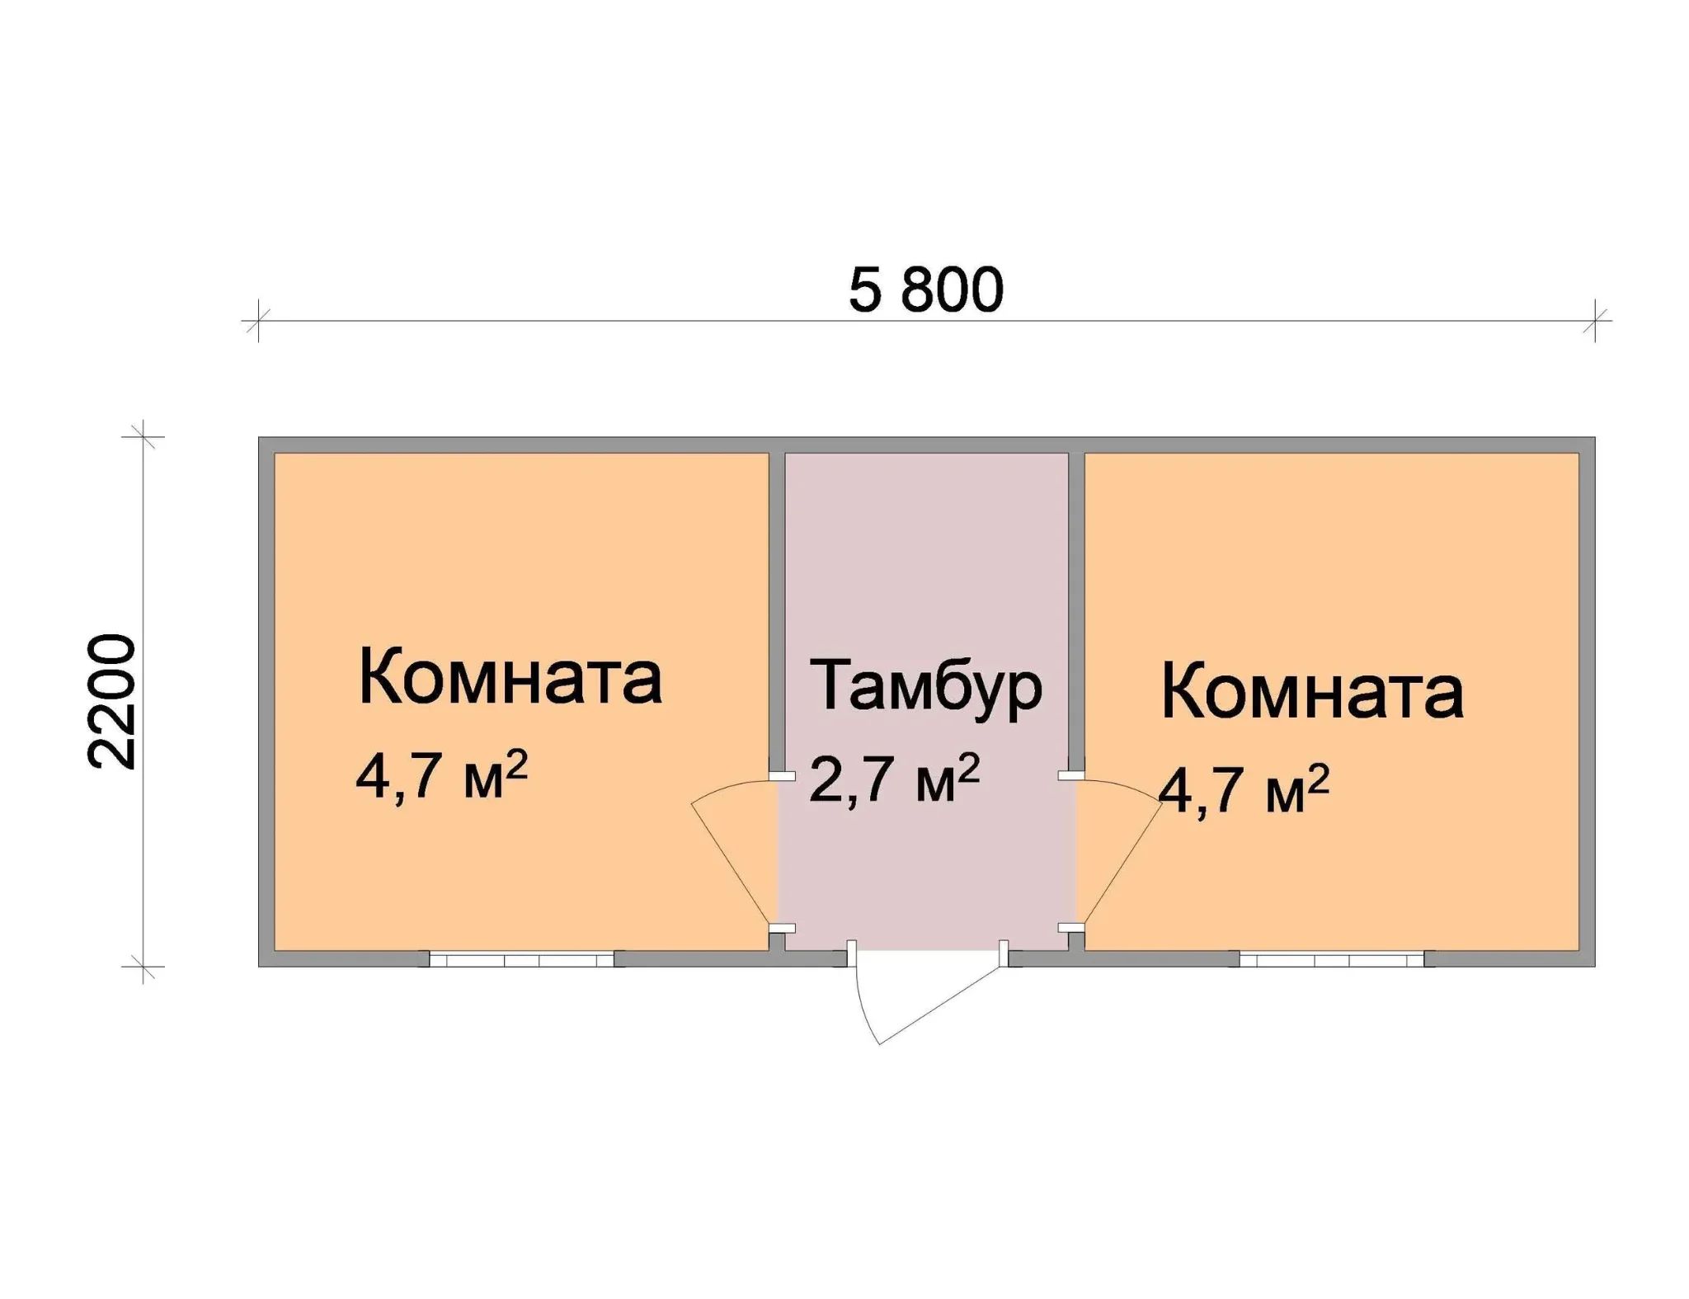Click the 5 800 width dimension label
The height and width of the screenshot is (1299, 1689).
pyautogui.click(x=925, y=291)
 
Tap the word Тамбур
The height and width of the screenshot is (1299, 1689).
pyautogui.click(x=925, y=687)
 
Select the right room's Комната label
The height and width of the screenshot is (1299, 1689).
pyautogui.click(x=1312, y=694)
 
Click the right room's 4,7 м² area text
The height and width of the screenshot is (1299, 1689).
pyautogui.click(x=1244, y=789)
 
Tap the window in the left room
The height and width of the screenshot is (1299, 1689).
pyautogui.click(x=521, y=959)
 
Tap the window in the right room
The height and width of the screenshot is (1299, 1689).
pyautogui.click(x=1331, y=959)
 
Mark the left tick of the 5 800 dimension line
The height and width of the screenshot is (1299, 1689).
pyautogui.click(x=258, y=320)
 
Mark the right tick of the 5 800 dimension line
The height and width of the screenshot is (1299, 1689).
pyautogui.click(x=1596, y=320)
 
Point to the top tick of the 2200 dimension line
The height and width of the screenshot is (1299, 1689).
pyautogui.click(x=143, y=436)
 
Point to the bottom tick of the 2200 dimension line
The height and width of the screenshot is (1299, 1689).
pyautogui.click(x=143, y=966)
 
